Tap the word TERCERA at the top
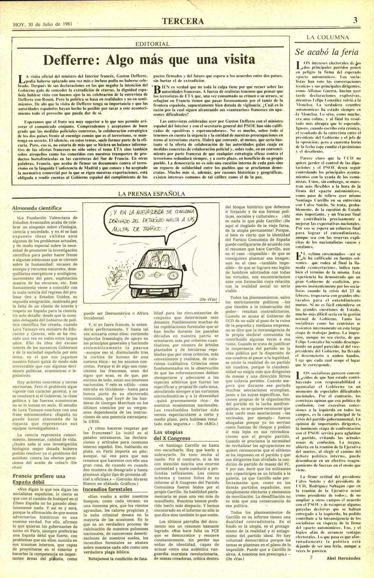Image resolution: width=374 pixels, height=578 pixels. tap(183, 21)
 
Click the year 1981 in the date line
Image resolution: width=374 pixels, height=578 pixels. tap(68, 24)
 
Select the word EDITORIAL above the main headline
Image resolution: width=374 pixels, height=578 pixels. tap(153, 44)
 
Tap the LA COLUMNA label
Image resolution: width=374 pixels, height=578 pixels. tap(328, 37)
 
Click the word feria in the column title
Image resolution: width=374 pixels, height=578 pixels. tap(348, 52)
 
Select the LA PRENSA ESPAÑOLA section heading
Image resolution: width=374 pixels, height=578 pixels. tap(151, 194)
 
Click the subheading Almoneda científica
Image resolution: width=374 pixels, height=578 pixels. tap(36, 208)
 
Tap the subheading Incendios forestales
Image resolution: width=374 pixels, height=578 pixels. tap(108, 489)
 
